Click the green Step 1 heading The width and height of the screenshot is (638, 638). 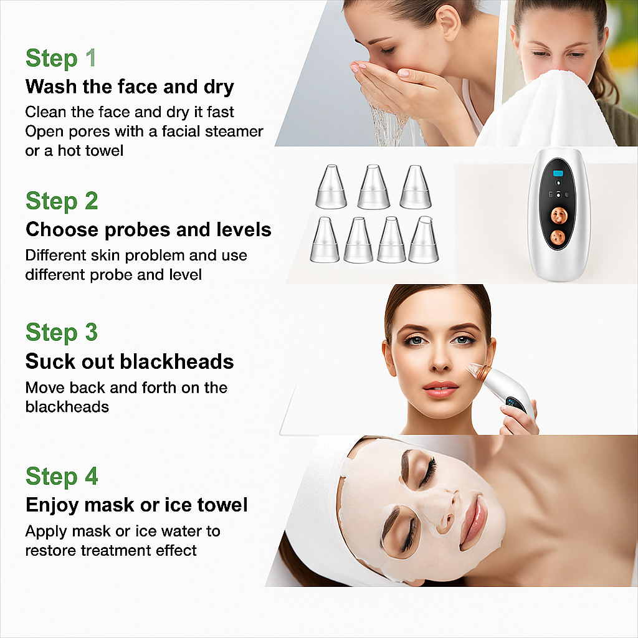[x=61, y=58]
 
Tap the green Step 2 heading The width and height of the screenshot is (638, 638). [x=62, y=201]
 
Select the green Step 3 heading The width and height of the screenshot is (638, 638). [x=62, y=332]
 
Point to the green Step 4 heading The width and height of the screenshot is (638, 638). [x=62, y=477]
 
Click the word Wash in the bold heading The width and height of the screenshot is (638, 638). [x=52, y=87]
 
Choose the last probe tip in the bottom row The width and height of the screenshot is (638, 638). [x=424, y=240]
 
